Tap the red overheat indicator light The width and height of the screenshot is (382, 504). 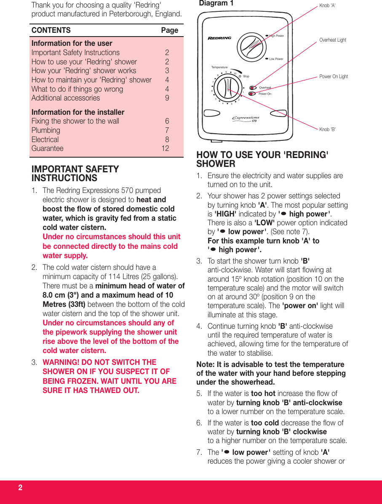click(252, 88)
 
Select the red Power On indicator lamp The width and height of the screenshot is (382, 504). click(252, 94)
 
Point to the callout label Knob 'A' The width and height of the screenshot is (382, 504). click(327, 5)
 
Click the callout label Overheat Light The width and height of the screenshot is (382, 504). click(332, 40)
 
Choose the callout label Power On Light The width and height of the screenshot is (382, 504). click(334, 77)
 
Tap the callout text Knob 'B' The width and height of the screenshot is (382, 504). click(327, 129)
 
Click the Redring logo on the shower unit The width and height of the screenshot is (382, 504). click(219, 38)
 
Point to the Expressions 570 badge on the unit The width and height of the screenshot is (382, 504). click(246, 119)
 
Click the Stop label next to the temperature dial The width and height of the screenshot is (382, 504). click(246, 77)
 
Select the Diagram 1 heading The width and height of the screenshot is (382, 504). click(216, 3)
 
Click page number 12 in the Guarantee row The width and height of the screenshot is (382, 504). click(165, 148)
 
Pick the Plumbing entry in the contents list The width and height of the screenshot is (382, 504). click(46, 130)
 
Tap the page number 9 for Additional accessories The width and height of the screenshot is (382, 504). click(167, 98)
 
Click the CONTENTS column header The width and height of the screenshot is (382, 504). click(51, 30)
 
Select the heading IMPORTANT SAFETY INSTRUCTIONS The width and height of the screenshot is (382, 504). click(75, 174)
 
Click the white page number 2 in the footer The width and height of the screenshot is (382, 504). click(20, 488)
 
